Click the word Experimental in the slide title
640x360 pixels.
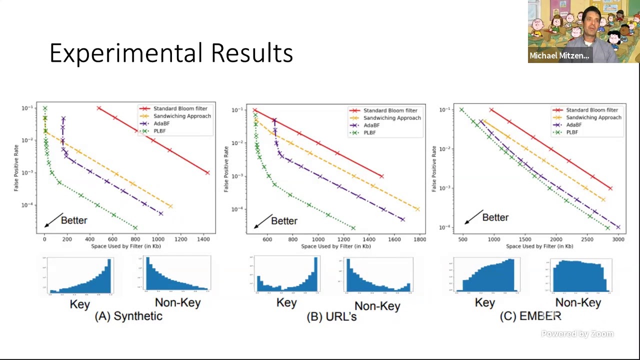coord(127,53)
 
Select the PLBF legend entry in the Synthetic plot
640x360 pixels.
coord(159,131)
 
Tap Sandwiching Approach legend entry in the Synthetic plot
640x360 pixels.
coord(181,116)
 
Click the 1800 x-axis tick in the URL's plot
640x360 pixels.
coord(419,239)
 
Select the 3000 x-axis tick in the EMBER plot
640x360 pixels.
coord(618,239)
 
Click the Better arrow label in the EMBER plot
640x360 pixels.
coord(495,217)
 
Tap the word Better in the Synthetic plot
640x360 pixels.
coord(74,220)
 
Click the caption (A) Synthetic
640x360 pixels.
coord(128,316)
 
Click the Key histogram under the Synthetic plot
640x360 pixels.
coord(80,275)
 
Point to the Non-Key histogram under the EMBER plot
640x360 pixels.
coord(580,275)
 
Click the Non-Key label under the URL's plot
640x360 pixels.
coord(377,306)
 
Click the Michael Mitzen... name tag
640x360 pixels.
coord(559,55)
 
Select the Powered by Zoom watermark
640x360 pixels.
coord(577,334)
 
